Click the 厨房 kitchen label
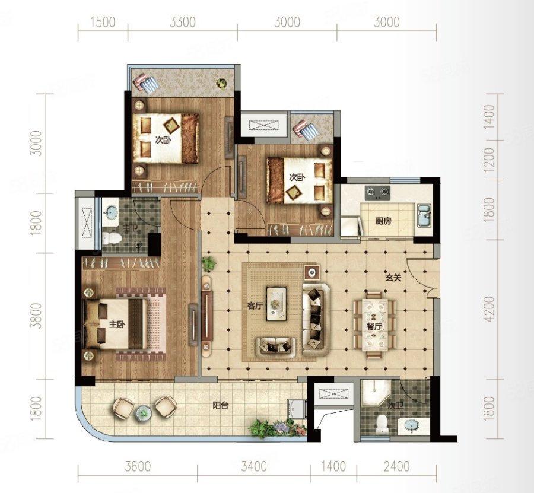click(x=383, y=221)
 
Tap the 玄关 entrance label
click(x=393, y=278)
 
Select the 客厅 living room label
click(x=255, y=306)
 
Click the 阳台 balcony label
click(x=220, y=406)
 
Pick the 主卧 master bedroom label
click(x=117, y=325)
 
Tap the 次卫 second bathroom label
click(x=395, y=406)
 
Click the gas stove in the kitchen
click(x=378, y=192)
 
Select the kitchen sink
click(x=424, y=215)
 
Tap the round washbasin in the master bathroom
click(x=111, y=212)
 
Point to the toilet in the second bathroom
click(x=382, y=424)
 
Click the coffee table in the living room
click(x=276, y=303)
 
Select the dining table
click(x=374, y=325)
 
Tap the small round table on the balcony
click(x=143, y=413)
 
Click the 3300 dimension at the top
click(x=183, y=22)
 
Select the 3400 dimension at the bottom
click(x=254, y=466)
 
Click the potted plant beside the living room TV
click(x=208, y=263)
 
